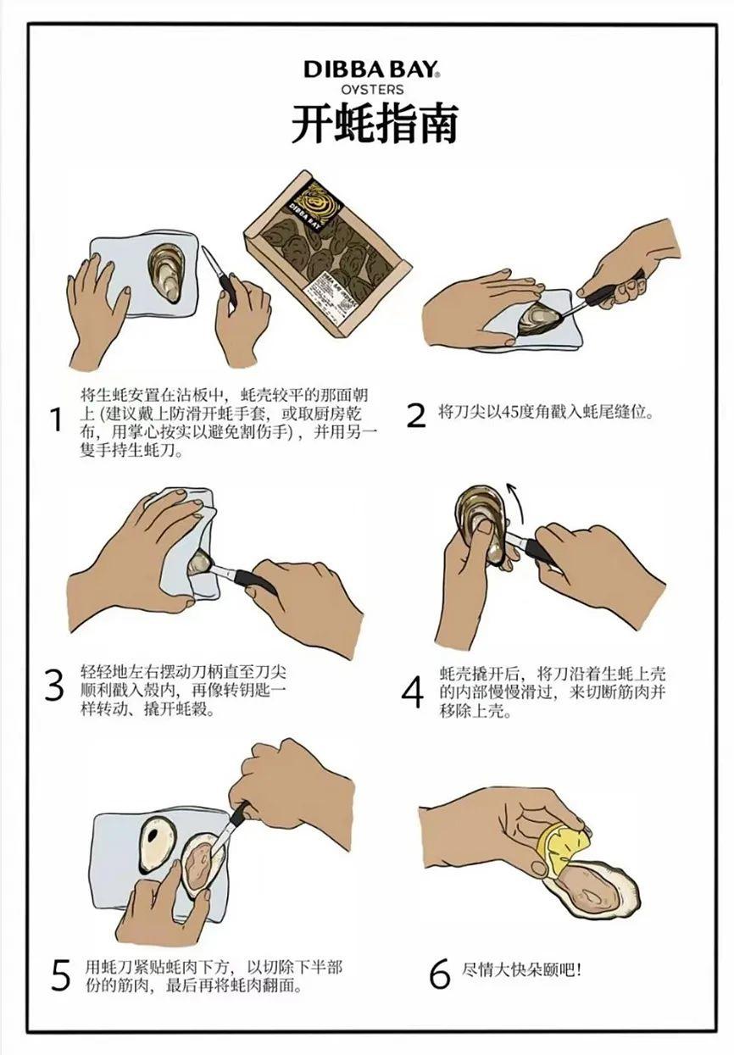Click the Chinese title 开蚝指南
(375, 124)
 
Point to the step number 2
(416, 414)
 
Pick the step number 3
(54, 686)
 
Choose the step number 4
(413, 691)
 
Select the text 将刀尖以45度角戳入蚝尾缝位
(546, 411)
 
